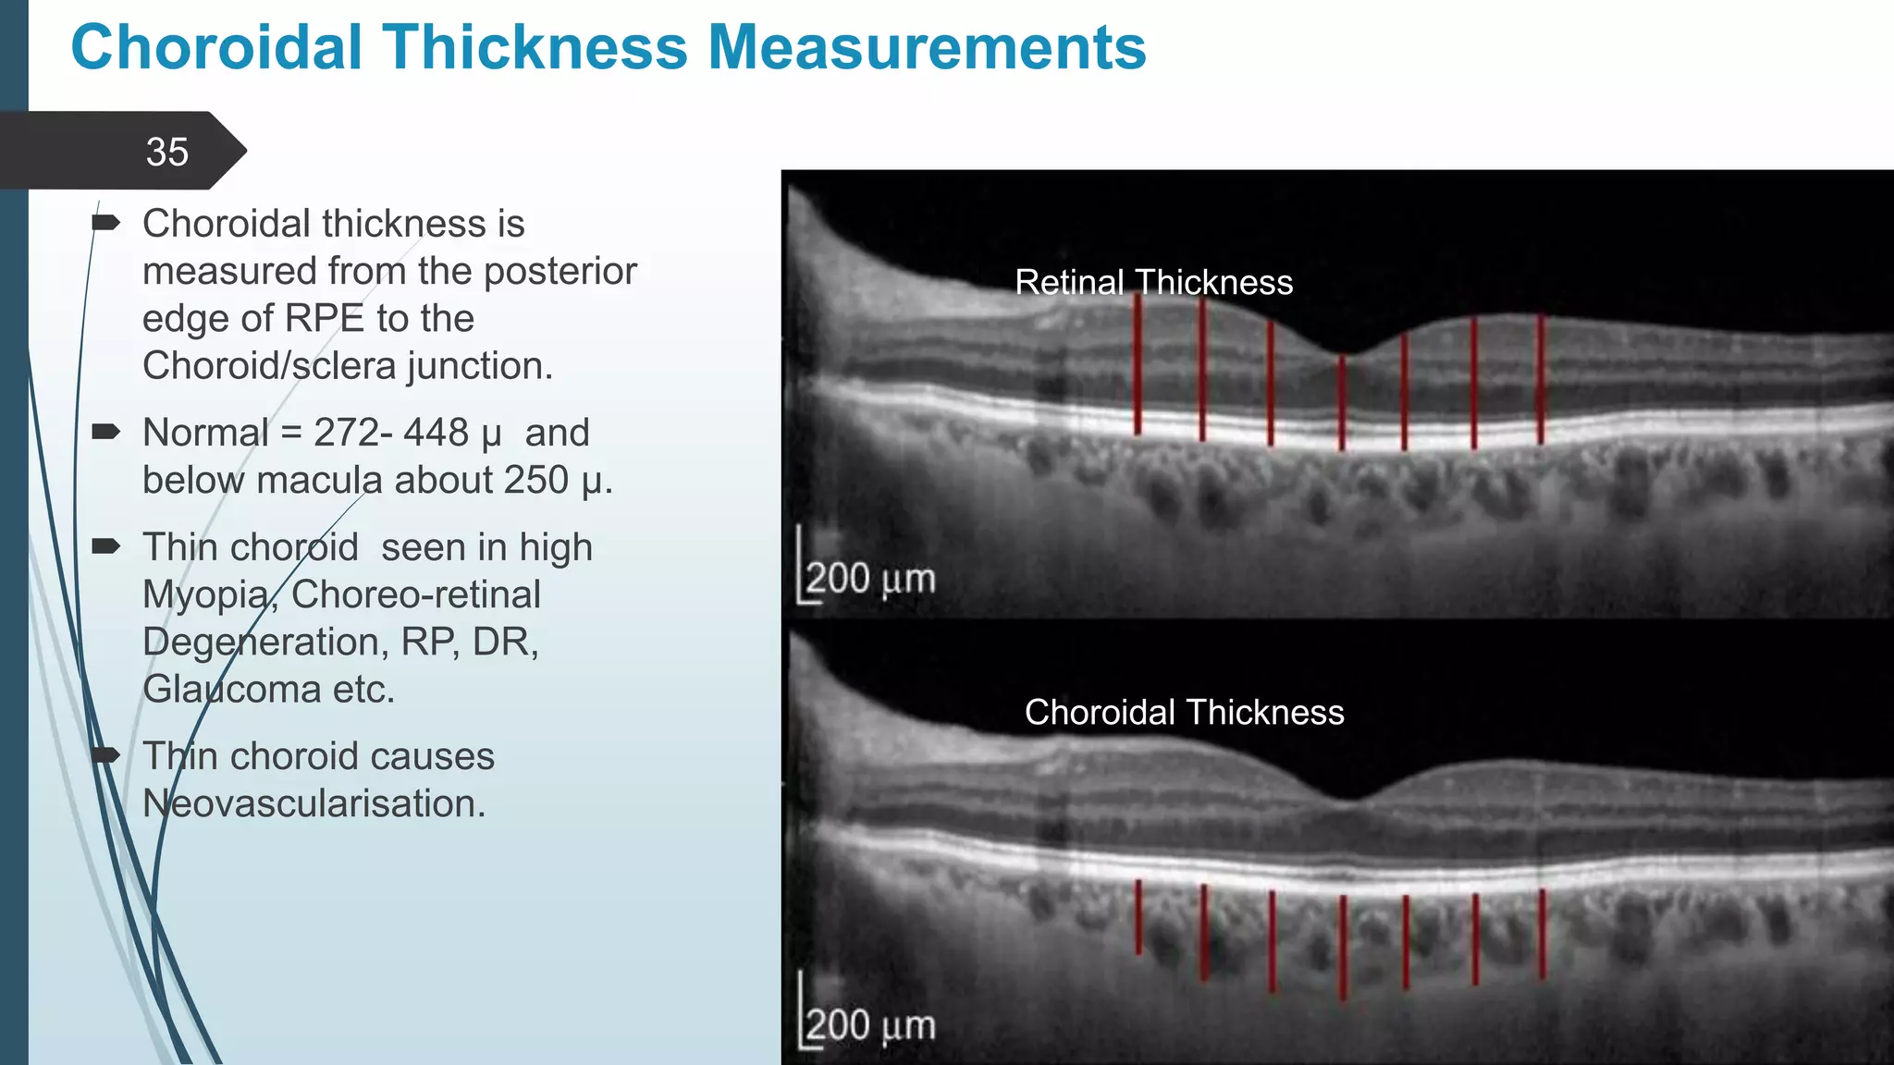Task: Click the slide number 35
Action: click(166, 153)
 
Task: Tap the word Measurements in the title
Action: click(927, 48)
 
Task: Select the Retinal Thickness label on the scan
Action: click(1153, 283)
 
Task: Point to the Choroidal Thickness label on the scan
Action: click(1184, 713)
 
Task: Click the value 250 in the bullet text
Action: click(536, 481)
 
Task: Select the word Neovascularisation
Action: click(314, 804)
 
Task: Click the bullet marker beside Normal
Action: click(106, 432)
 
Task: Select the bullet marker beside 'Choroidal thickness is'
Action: click(106, 223)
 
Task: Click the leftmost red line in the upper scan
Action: click(1138, 370)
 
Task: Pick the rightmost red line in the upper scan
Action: click(1541, 379)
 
